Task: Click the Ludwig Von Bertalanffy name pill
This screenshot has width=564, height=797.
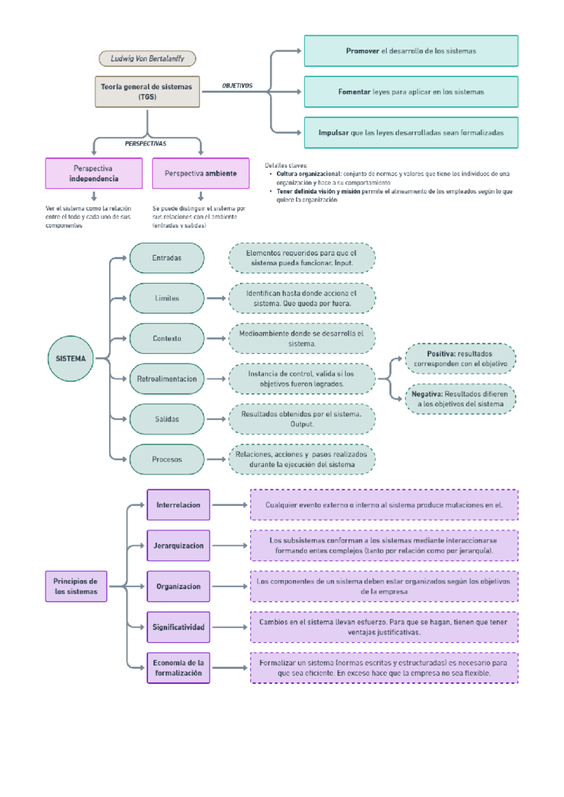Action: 147,59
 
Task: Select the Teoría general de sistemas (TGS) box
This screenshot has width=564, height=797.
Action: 147,92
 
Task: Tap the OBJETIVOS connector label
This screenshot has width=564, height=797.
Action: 237,86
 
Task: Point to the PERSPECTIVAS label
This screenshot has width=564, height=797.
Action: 145,144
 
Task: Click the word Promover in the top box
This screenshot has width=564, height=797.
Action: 362,51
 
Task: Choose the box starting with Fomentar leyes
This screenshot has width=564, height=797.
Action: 411,92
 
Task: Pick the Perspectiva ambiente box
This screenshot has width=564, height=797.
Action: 201,173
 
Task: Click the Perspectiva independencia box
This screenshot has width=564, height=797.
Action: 94,173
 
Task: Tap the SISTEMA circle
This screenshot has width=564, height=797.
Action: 70,359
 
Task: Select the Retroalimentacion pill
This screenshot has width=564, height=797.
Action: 167,379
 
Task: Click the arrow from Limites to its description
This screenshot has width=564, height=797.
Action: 216,298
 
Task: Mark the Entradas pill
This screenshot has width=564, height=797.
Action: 167,258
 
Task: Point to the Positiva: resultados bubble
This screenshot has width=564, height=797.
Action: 460,359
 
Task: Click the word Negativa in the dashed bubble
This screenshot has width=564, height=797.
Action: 427,394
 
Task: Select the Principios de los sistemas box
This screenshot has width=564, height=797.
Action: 76,586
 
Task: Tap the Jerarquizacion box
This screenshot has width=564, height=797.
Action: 178,546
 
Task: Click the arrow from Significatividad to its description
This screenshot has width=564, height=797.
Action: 229,627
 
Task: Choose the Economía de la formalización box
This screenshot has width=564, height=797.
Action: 178,668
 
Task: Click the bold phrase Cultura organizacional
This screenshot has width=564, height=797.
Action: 308,174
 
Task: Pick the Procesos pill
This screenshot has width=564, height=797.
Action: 167,459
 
